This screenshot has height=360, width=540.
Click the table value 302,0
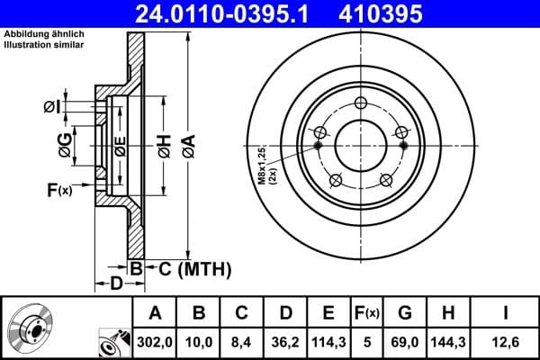click(156, 342)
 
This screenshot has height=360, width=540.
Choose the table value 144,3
click(446, 342)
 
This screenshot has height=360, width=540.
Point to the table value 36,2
click(285, 342)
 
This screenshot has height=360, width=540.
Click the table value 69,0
click(405, 342)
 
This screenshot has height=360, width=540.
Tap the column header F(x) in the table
click(366, 313)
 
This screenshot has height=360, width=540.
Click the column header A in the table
click(156, 313)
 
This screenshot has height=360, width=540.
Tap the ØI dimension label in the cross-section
click(52, 108)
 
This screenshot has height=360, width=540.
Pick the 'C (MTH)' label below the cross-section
click(191, 268)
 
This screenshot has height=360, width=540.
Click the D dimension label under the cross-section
click(116, 285)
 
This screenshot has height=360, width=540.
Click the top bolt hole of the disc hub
click(360, 102)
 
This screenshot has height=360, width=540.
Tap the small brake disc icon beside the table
click(33, 329)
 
